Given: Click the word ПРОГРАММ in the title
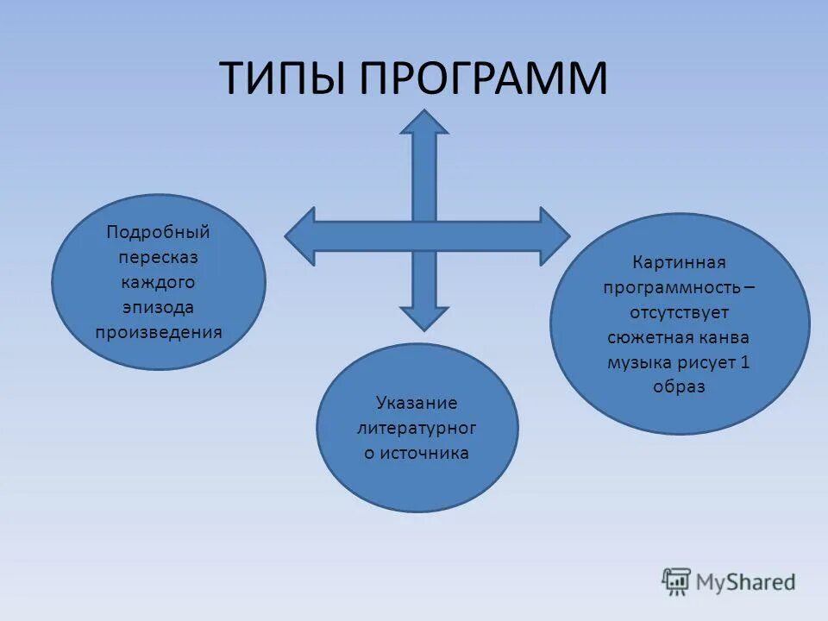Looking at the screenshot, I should pos(483,78).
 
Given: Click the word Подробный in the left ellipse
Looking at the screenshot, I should pos(158,232).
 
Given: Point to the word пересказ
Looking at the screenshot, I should pos(158,257).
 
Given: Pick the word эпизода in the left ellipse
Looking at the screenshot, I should pos(158,307).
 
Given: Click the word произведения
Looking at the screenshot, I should pos(158,331).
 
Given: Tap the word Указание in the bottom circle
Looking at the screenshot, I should pos(417,403).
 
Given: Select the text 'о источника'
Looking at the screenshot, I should pos(417,453).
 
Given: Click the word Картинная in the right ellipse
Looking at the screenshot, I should pos(679,262).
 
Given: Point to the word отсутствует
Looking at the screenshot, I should pos(679,312).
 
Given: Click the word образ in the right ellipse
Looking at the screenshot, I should pos(679,387).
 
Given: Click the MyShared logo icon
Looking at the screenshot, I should pos(676,582).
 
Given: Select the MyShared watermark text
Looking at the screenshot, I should pos(746,582).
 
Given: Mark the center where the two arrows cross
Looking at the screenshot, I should pos(424,235).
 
